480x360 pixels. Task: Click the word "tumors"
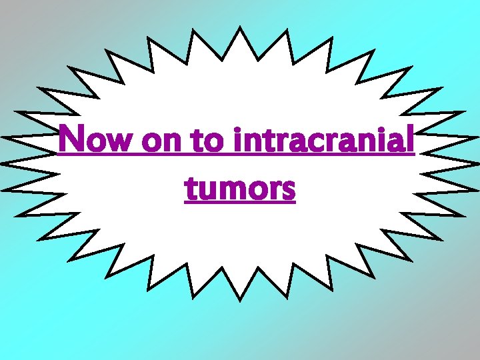click(240, 188)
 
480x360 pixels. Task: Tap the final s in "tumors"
click(288, 191)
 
